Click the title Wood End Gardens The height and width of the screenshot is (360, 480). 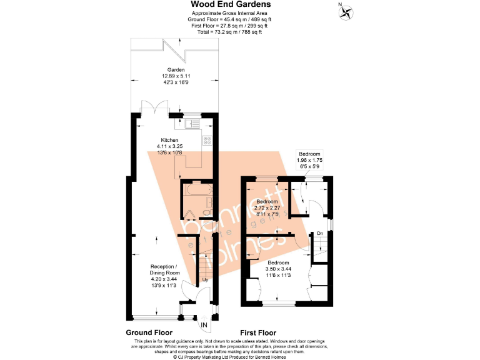[x=231, y=5]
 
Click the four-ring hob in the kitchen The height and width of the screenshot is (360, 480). [x=207, y=141]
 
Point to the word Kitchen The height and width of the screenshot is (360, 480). [x=169, y=140]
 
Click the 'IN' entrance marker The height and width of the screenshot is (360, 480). [x=204, y=324]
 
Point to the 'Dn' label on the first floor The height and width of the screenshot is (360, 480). [x=319, y=234]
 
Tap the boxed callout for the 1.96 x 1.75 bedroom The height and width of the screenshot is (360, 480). [x=309, y=159]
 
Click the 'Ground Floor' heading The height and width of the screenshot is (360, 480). [x=149, y=333]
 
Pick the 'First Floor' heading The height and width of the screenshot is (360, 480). [x=258, y=333]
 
